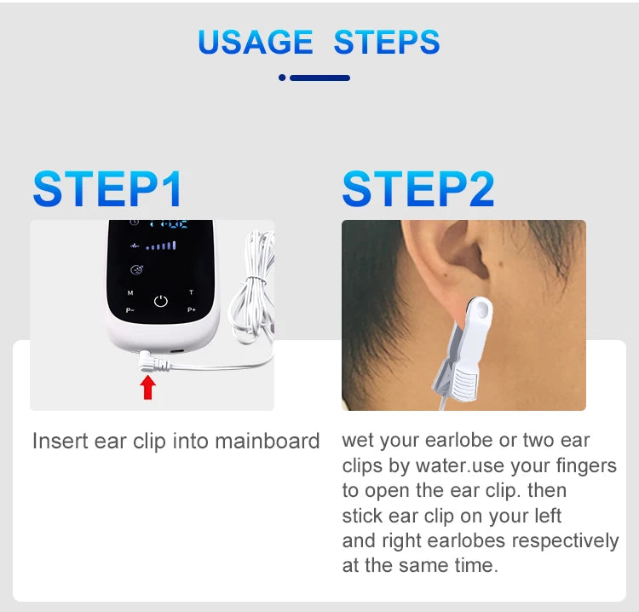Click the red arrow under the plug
coord(148,387)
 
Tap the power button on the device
coord(160,301)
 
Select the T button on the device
coord(191,292)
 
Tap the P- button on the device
coord(130,310)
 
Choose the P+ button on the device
coord(191,310)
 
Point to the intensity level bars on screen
coord(161,246)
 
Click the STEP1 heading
coord(107,189)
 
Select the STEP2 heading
coord(417,189)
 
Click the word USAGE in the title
coord(256,42)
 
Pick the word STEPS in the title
coord(387,42)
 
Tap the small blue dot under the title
coord(282,78)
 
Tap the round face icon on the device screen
coord(135,270)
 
